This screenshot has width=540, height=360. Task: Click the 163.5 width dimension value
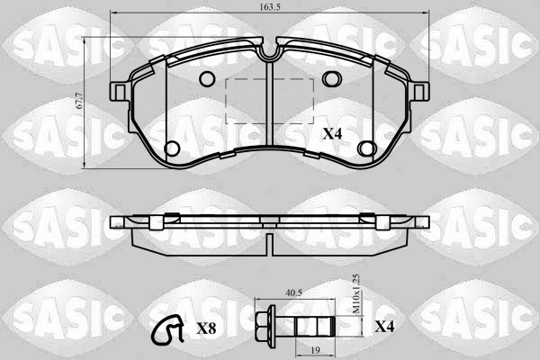270,7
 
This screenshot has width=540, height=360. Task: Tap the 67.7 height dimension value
79,101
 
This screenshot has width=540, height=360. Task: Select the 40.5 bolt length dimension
293,292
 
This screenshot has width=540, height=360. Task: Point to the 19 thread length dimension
315,350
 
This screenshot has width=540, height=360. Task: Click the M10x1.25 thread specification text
356,293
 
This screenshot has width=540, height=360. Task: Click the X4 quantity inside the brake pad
332,134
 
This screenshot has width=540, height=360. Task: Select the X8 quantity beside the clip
206,329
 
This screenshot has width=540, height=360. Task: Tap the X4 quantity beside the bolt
384,326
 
